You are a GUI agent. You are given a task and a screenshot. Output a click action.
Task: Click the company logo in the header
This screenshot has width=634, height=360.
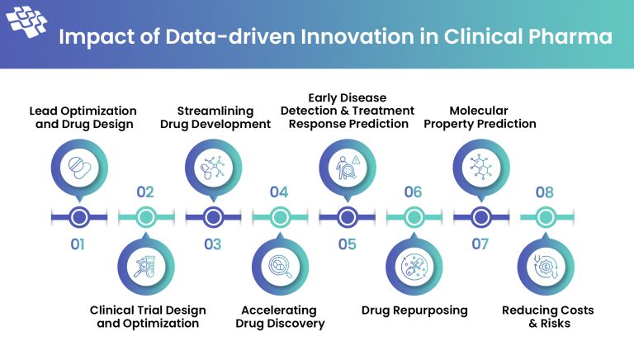tap(28, 22)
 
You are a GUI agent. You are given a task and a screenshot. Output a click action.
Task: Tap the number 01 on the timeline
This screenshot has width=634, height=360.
tap(78, 244)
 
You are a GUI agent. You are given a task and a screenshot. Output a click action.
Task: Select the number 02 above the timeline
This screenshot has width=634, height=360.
tap(145, 192)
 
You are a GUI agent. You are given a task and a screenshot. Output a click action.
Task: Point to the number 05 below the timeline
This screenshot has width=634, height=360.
tap(347, 244)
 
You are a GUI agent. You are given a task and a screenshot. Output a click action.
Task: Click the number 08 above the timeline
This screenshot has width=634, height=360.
tap(546, 192)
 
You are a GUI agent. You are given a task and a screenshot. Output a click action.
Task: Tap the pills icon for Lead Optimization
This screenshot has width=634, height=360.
tap(79, 168)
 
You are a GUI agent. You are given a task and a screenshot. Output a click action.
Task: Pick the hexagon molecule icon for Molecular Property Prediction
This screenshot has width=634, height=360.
tap(480, 168)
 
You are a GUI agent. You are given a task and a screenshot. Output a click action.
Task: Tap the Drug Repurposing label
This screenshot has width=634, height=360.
tap(414, 310)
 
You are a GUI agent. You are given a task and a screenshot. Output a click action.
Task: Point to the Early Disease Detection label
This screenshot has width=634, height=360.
tap(347, 111)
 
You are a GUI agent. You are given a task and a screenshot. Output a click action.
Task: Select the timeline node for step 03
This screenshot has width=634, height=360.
tap(213, 217)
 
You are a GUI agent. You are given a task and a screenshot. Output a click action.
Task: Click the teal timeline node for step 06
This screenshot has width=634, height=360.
tap(413, 217)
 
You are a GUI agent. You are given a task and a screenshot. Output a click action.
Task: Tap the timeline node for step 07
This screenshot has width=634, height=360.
tap(480, 217)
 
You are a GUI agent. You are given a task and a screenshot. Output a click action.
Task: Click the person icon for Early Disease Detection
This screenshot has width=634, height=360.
tap(347, 168)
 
